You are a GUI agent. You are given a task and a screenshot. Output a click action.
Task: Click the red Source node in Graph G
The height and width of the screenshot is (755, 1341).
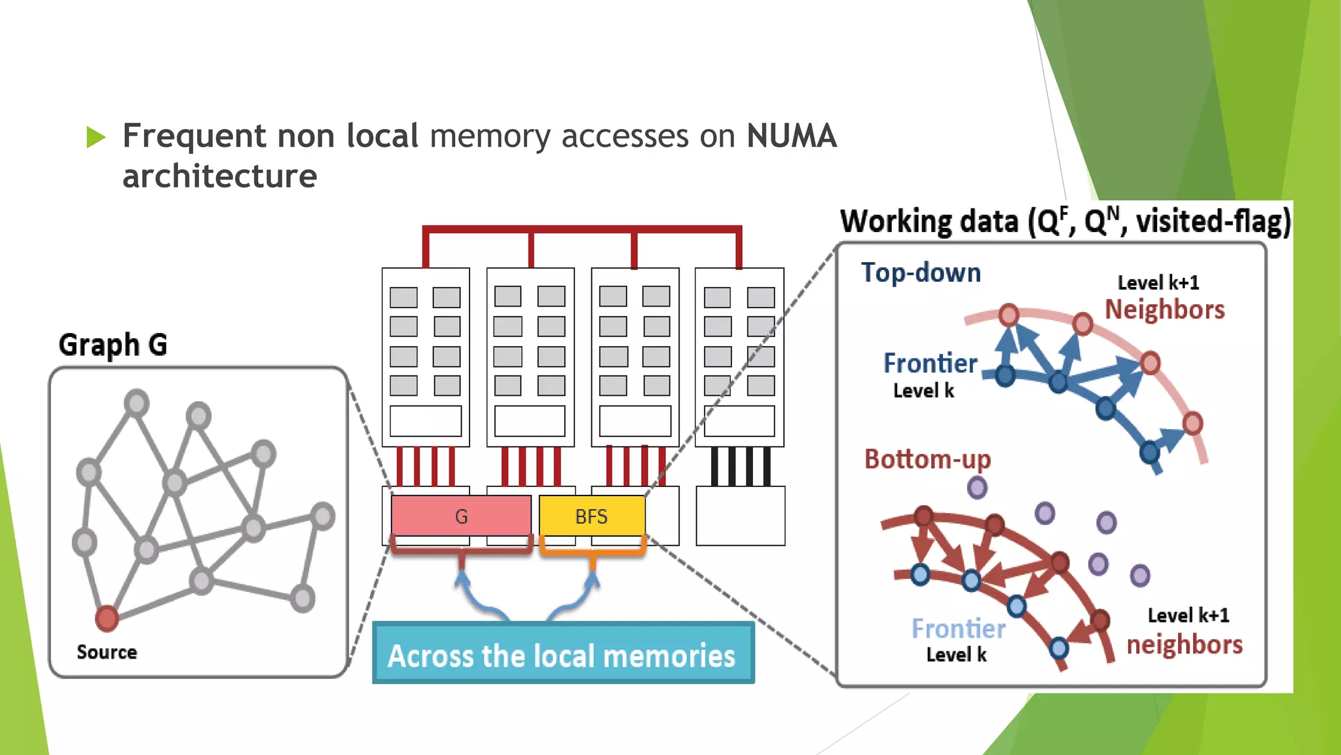tap(107, 618)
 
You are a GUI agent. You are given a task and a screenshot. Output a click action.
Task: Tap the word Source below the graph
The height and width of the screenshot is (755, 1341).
tap(107, 652)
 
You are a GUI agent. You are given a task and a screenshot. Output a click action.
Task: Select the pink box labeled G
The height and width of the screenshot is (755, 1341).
tap(461, 516)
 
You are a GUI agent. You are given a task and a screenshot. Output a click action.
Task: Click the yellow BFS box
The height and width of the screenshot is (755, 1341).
tap(591, 516)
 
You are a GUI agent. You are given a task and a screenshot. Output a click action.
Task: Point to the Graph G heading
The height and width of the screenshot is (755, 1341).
tap(113, 345)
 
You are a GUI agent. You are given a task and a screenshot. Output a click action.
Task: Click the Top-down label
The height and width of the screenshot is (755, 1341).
tap(921, 273)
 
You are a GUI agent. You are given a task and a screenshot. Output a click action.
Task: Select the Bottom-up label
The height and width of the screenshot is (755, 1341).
tap(927, 459)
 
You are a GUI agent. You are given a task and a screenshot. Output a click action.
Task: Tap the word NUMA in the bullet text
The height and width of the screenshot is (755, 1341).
tap(791, 136)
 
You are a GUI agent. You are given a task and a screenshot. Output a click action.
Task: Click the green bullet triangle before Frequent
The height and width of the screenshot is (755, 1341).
tap(96, 137)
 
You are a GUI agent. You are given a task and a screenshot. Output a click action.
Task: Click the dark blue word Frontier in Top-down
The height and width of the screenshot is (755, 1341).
tap(930, 363)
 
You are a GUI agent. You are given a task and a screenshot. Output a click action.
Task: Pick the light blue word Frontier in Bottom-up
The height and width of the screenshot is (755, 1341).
tap(958, 629)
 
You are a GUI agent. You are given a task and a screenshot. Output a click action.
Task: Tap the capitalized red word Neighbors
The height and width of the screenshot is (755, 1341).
tap(1164, 309)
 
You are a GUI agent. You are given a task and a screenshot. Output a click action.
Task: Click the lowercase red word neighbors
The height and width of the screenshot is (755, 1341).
tap(1184, 644)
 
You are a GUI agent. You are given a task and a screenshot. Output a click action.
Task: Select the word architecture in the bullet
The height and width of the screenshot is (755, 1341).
tap(220, 176)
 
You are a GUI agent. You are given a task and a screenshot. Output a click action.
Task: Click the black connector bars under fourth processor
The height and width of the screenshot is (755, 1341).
tap(740, 466)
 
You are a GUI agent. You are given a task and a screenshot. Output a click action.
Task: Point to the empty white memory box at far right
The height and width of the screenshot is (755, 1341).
tap(740, 516)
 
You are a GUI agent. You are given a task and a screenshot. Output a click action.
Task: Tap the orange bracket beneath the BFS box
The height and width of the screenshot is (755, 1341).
tap(593, 553)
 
